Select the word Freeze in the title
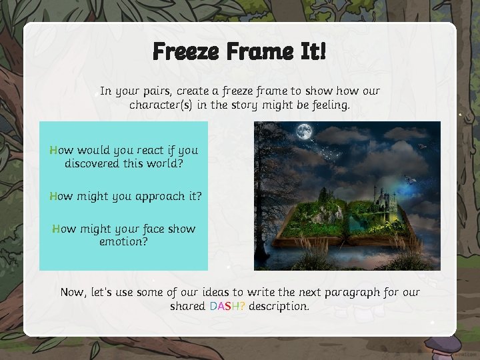(184, 51)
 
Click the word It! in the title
(312, 51)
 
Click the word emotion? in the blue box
(123, 241)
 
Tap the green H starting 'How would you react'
(54, 150)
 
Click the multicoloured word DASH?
(227, 307)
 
